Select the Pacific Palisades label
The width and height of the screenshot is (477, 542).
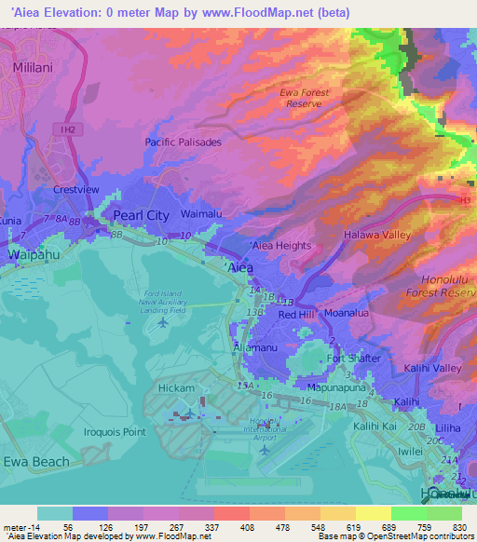pos(184,142)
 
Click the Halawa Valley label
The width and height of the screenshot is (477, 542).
pos(377,235)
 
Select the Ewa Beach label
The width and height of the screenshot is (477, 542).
pos(35,461)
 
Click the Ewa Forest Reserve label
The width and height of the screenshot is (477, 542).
pos(307,98)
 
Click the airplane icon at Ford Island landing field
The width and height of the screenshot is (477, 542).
pos(164,322)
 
